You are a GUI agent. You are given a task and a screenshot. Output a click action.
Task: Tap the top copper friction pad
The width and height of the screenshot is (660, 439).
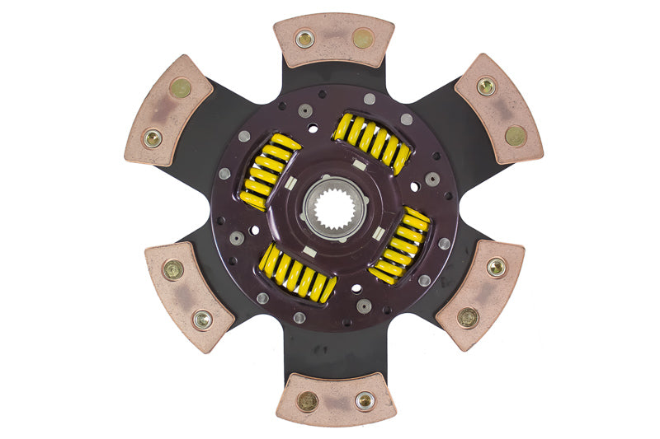coord(333,40)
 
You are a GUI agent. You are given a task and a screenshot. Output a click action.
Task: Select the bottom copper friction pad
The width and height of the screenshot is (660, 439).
coord(335,399)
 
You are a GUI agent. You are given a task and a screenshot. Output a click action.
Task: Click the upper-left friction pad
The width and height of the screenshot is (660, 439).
coord(167,110)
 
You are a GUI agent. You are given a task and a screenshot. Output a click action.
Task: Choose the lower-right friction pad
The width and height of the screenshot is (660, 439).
coord(480,294)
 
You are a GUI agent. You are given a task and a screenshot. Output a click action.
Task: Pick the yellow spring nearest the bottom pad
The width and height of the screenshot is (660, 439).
coord(297,273)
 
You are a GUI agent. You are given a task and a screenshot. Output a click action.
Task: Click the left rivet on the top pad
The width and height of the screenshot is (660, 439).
coord(304,39)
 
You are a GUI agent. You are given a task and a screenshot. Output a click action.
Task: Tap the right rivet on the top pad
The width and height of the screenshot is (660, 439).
coord(362,38)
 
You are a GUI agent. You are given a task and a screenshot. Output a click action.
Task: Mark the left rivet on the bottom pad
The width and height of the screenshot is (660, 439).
coord(308,401)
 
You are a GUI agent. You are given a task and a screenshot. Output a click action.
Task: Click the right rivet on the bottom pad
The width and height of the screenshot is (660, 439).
coord(364,400)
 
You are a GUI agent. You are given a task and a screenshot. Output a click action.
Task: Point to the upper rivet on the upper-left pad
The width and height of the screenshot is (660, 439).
coord(181,87)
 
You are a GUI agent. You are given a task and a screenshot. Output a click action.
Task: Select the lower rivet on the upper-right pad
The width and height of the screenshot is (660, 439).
coord(515,135)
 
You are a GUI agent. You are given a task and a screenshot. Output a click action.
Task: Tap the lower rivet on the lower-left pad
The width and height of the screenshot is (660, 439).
coord(201,319)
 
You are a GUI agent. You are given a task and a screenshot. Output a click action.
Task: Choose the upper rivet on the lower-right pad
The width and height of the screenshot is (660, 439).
coord(495,267)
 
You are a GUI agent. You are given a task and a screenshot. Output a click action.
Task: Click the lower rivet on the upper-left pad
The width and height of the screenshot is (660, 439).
coord(153,138)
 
